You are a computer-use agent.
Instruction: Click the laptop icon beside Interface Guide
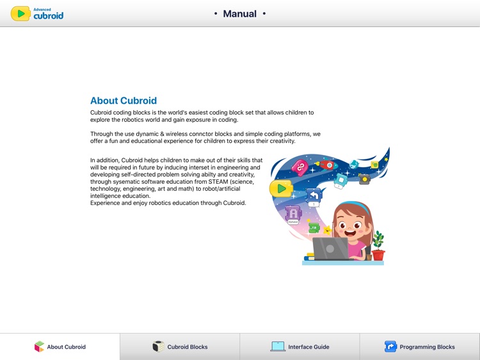(278, 347)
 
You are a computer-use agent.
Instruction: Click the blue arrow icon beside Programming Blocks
(390, 347)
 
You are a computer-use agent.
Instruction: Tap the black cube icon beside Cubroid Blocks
(158, 347)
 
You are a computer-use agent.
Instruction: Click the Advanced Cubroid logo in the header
(38, 13)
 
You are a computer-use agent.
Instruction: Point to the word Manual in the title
(239, 13)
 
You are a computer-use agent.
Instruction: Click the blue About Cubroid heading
(124, 101)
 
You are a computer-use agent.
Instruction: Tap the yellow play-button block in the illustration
(280, 188)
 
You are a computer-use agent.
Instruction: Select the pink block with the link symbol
(300, 168)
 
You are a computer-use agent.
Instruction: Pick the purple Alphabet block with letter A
(293, 214)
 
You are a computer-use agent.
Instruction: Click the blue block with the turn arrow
(314, 196)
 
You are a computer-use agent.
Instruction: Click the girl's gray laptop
(330, 249)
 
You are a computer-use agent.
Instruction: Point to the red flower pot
(378, 254)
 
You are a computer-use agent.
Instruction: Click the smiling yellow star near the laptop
(328, 229)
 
